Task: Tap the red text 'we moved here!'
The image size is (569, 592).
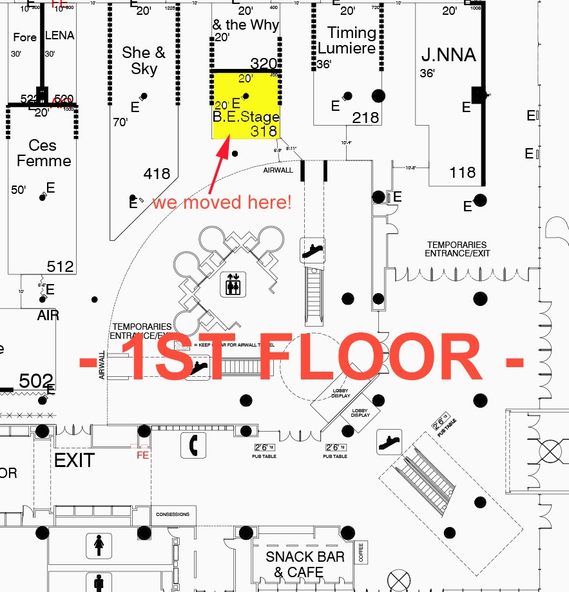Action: coord(222,202)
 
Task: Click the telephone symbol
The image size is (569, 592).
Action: coord(193,444)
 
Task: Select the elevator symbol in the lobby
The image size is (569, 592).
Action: coord(231,284)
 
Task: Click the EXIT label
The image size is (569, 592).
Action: coord(74,461)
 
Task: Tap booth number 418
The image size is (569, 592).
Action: coord(157,173)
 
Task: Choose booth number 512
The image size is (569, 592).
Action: coord(60,266)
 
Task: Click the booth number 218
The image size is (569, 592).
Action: coord(365,118)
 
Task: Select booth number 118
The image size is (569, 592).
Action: coord(463,172)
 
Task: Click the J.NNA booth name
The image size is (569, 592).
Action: coord(448,55)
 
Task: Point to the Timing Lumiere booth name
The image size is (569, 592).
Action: coord(347,40)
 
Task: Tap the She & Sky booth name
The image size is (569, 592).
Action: coord(144,61)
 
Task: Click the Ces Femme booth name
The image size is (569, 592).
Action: coord(43,153)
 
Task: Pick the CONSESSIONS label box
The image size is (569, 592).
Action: coord(173,514)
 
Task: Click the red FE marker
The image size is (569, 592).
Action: coord(143,455)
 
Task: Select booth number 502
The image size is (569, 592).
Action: coord(35,381)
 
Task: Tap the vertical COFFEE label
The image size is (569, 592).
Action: coord(362,553)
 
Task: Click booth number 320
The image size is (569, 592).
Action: coord(263,63)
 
